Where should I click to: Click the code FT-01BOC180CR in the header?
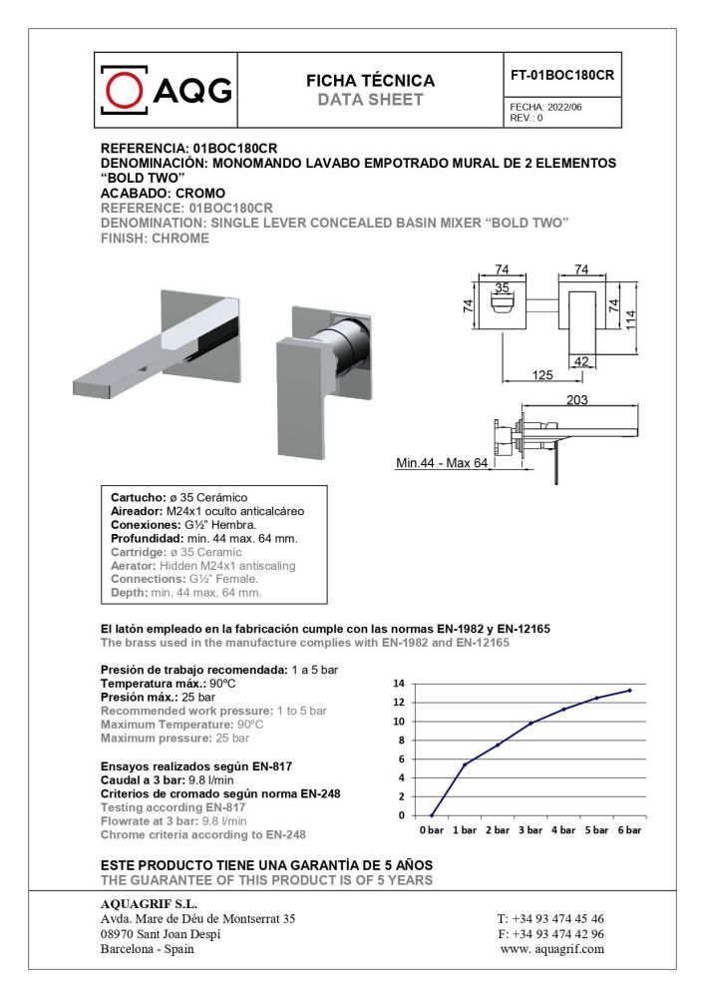561,75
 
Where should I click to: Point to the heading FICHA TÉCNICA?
370,81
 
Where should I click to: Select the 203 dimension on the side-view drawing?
576,400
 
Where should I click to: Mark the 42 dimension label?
583,362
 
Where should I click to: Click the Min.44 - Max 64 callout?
442,463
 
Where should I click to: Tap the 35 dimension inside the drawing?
502,287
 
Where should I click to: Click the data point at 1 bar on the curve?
465,764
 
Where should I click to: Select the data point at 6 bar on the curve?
629,691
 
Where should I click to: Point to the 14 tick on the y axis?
399,684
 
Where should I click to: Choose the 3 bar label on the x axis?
530,830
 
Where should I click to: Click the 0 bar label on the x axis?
432,830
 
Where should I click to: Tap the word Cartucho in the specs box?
135,497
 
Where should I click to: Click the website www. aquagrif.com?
551,949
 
